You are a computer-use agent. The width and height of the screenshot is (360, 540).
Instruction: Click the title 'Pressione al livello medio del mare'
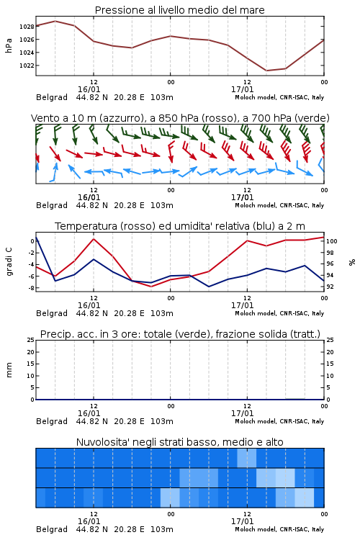click(179, 10)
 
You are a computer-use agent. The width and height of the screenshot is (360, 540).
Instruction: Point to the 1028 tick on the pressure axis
click(27, 27)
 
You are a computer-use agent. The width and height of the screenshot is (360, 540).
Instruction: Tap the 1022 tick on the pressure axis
click(27, 66)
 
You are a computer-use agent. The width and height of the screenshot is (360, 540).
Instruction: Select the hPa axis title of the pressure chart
click(9, 45)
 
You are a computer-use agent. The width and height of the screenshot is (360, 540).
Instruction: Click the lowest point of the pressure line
click(266, 71)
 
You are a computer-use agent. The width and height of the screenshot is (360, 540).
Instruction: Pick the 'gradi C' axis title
click(9, 262)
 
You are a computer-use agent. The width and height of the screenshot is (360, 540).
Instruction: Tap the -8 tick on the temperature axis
click(32, 287)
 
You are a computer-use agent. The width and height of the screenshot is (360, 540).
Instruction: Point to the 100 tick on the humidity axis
click(332, 241)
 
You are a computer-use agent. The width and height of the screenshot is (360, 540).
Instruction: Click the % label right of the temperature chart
click(352, 262)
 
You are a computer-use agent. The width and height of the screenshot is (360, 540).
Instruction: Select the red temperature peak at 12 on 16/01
click(94, 238)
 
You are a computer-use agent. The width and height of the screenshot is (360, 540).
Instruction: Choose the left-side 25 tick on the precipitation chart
click(31, 340)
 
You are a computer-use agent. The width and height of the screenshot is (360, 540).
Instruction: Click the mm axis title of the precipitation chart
click(9, 370)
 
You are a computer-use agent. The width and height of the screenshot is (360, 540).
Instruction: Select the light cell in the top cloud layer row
click(247, 458)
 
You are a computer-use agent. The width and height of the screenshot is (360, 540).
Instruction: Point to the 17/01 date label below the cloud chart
click(243, 521)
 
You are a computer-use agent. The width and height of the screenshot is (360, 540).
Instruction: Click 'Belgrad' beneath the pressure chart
click(52, 97)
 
